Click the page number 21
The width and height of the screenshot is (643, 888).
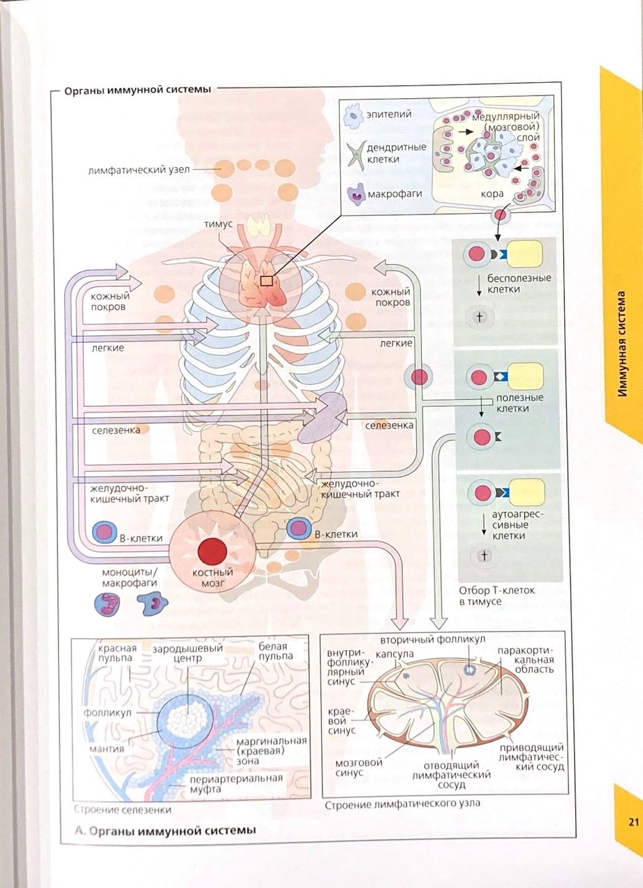[x=633, y=821]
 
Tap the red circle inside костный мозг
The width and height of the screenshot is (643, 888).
[x=212, y=550]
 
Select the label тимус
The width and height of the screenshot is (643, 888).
[x=218, y=224]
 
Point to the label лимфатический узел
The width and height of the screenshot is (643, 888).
[x=139, y=170]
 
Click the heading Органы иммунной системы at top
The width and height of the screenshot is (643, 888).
[x=138, y=89]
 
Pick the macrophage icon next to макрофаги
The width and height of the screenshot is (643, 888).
[x=357, y=195]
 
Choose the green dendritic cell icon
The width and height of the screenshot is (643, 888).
[x=355, y=154]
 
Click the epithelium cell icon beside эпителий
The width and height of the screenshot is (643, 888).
[x=354, y=116]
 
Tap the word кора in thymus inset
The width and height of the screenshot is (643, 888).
[x=492, y=194]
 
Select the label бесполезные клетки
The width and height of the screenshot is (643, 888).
[x=519, y=283]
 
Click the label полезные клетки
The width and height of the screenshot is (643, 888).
[x=519, y=403]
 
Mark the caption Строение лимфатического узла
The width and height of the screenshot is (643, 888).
[x=402, y=804]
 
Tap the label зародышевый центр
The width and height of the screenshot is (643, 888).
[x=188, y=653]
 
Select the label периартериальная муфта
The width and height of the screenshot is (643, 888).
[x=236, y=783]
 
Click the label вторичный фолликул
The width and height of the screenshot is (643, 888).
[x=433, y=640]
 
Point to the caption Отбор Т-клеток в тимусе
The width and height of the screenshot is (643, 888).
[x=496, y=595]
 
